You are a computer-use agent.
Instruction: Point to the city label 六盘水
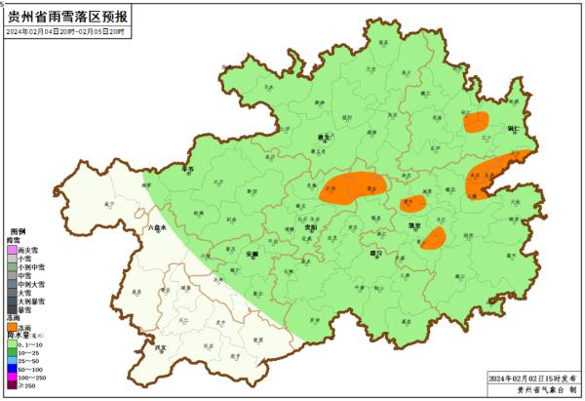157,226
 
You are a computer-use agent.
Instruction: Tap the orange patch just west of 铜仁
477,122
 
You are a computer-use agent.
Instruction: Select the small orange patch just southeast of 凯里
434,238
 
